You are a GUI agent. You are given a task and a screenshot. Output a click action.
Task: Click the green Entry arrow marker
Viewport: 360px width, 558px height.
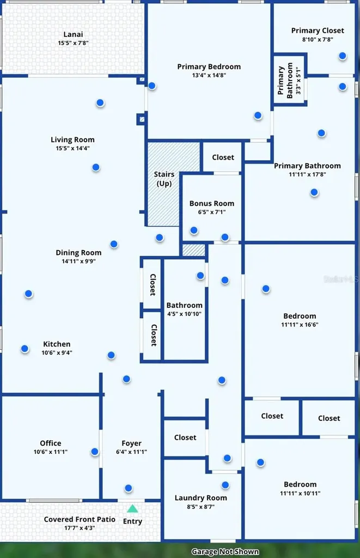point(132,508)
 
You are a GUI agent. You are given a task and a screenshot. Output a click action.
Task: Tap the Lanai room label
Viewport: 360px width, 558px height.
point(74,34)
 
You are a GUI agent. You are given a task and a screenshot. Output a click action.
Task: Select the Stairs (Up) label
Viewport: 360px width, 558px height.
point(164,179)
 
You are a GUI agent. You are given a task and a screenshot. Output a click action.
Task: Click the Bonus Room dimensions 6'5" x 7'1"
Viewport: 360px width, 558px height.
point(212,212)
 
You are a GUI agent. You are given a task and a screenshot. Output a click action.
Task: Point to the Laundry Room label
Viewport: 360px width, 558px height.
point(200,498)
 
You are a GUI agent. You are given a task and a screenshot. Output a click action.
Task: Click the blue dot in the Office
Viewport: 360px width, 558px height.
point(95,452)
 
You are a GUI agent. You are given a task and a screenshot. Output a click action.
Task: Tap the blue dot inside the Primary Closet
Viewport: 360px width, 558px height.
point(343,56)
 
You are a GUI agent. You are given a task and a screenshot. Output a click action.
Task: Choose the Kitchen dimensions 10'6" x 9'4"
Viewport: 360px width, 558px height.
point(57,353)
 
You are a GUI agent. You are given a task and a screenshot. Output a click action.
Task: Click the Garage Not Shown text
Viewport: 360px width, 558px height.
point(225,551)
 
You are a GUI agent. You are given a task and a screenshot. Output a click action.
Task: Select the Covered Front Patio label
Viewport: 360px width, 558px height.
point(80,519)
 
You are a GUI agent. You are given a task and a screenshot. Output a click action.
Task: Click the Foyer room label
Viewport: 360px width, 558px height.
point(132,444)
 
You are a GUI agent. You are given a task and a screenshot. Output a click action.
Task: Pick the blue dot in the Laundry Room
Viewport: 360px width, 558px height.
point(225,485)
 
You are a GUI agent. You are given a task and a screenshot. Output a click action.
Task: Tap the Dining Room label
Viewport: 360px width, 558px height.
point(78,253)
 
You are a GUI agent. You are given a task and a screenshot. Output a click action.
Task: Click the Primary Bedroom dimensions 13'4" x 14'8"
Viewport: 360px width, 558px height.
point(209,75)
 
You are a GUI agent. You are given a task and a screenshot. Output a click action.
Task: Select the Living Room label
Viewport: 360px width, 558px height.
point(72,140)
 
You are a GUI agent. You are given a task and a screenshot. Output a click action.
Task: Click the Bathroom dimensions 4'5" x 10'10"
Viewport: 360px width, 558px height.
point(184,314)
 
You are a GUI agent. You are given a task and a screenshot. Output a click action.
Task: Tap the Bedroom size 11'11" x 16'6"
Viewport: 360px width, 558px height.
point(300,325)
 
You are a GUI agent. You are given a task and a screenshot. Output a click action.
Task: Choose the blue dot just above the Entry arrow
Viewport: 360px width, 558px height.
point(129,488)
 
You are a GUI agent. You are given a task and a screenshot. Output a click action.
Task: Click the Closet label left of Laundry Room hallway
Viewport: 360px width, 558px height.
point(185,438)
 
